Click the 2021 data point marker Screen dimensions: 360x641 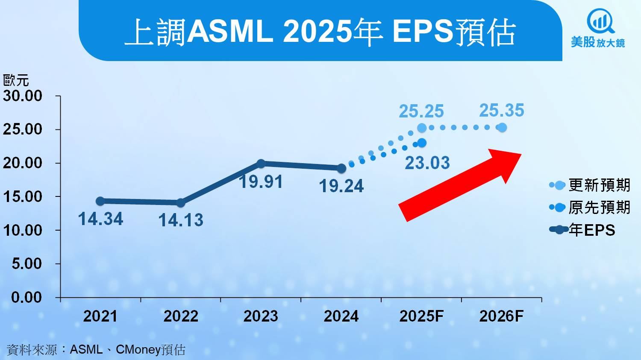click(100, 201)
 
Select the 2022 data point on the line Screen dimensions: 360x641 click(180, 202)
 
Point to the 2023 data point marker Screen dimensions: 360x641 click(261, 164)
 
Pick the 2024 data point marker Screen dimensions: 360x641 click(341, 168)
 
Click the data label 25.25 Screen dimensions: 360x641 click(421, 111)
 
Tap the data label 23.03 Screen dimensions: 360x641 click(427, 163)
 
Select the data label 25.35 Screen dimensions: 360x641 click(501, 111)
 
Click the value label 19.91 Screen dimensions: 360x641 click(261, 182)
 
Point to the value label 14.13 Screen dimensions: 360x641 click(181, 220)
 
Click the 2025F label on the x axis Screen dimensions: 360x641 click(421, 316)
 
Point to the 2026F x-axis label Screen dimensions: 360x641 click(501, 316)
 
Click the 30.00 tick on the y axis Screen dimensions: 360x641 click(23, 96)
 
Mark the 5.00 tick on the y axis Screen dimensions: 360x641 click(26, 263)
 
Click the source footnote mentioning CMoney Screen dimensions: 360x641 click(96, 350)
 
